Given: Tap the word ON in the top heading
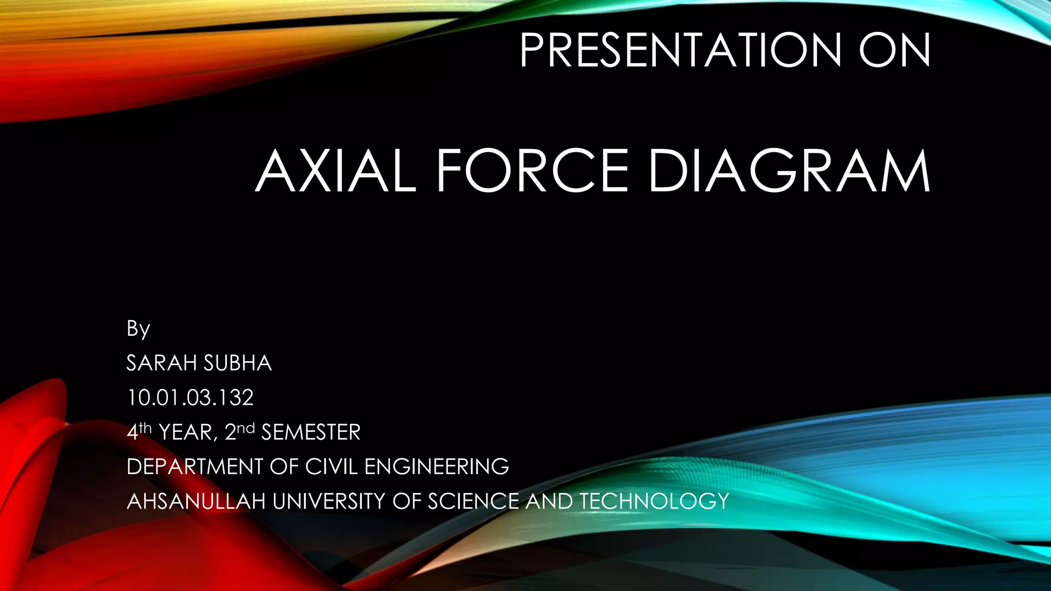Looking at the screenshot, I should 894,50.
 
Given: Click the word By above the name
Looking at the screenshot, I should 138,329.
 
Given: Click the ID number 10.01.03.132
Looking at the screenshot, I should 190,398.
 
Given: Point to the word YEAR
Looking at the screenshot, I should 185,432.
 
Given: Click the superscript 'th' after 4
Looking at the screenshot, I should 145,427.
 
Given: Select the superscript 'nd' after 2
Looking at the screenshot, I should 246,427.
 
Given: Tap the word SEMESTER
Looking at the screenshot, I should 311,432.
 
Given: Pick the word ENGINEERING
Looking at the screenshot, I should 437,467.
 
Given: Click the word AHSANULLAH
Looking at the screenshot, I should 196,501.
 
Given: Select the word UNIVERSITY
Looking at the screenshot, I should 329,501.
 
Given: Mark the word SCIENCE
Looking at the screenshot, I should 473,501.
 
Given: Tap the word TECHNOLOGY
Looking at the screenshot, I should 654,501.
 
